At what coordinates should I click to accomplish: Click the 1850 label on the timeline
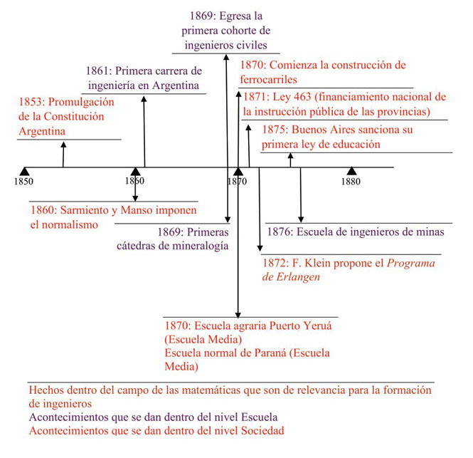pos(23,182)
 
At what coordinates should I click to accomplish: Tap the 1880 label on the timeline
pos(350,182)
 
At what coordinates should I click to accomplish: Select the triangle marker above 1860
pos(135,171)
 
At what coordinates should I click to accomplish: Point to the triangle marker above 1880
pos(351,171)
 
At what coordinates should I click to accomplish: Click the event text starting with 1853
pos(66,116)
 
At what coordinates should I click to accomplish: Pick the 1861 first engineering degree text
pos(144,78)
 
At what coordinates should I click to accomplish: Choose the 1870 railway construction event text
pos(322,72)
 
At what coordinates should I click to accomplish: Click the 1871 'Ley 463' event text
pos(344,104)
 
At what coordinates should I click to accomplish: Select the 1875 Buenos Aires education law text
pos(336,137)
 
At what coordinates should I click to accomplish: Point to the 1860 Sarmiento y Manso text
pos(113,217)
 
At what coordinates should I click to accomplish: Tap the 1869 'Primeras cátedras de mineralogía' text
pos(173,239)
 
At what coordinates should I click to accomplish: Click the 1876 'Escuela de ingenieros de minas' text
pos(355,231)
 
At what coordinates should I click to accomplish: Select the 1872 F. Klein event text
pos(349,270)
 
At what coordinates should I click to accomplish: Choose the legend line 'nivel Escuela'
pos(152,417)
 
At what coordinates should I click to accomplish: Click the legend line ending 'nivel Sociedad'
pos(156,431)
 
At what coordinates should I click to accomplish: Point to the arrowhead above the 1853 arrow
pos(63,145)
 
